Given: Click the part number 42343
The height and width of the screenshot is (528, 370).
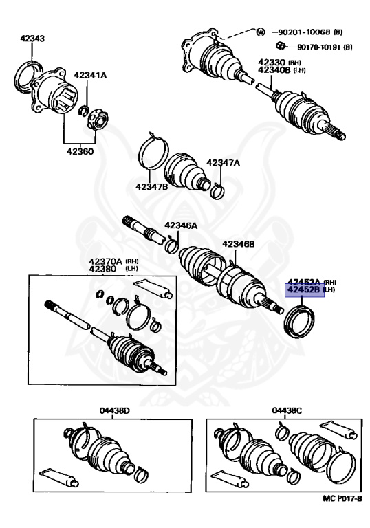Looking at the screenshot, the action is point(32,38).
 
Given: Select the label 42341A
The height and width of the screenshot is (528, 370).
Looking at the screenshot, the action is point(90,75).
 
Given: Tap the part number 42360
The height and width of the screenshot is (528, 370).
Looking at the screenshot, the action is point(80,151).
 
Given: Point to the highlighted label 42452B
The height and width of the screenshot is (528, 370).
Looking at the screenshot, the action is point(303,289).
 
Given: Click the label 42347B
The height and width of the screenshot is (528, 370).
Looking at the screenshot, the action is point(152,186).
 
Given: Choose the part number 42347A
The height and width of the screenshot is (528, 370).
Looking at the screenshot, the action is point(223,163).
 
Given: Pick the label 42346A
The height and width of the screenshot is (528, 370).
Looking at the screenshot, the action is point(181,225).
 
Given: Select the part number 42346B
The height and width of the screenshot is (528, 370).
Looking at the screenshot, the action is point(238,244).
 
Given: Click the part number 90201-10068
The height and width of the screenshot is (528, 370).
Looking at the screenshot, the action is point(304,32).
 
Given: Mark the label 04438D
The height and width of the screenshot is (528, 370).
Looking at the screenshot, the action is point(115,411).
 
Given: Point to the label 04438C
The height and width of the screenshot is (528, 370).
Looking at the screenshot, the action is point(287,411).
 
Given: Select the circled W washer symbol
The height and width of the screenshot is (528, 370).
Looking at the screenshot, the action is point(261,32).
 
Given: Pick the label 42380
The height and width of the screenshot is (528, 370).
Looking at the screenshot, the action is point(102,269).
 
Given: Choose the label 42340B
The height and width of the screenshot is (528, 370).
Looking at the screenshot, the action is point(274,69).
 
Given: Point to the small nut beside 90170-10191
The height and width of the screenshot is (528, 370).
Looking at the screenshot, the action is point(279,45).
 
